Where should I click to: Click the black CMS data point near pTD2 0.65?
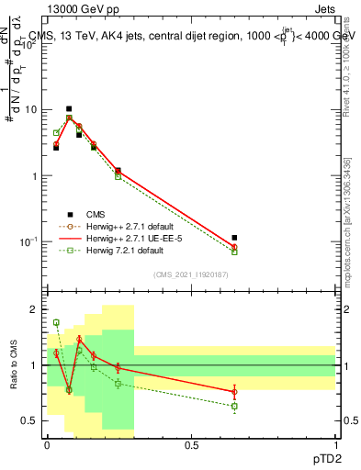[234, 238]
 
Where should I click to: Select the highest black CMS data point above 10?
[69, 108]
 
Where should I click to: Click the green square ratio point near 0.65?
[234, 406]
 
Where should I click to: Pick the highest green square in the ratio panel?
[56, 322]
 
